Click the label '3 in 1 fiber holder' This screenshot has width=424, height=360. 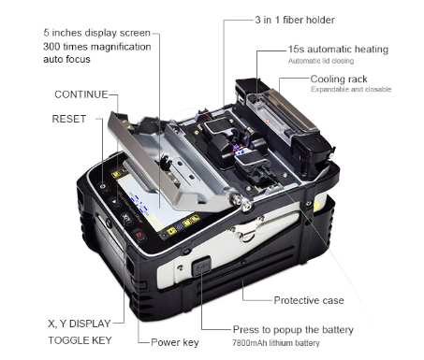click(x=294, y=19)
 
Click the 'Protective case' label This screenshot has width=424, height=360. click(x=309, y=300)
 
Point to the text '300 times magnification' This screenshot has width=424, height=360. click(x=95, y=46)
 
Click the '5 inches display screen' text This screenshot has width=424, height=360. click(x=95, y=32)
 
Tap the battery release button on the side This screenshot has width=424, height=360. click(x=198, y=270)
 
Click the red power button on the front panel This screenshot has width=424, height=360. click(x=139, y=236)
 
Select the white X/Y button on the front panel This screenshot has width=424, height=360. click(x=124, y=221)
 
